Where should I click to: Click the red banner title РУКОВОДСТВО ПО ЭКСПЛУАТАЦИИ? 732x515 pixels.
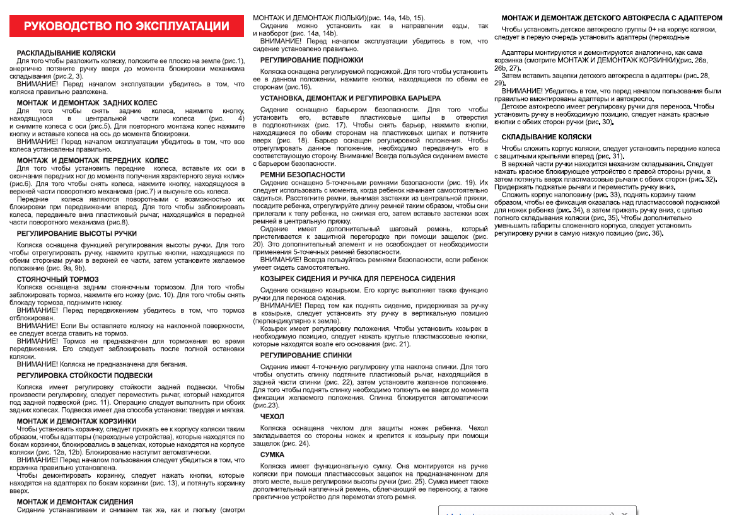126,26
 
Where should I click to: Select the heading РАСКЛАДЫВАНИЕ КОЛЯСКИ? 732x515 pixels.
66,53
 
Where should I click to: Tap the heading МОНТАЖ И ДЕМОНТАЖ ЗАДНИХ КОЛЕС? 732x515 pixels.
87,103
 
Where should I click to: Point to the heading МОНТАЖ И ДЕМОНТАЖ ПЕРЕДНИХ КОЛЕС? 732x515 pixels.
93,161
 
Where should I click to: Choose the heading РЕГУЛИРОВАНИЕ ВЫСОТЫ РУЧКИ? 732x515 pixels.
77,234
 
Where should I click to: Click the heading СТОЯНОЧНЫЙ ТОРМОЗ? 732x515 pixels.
58,279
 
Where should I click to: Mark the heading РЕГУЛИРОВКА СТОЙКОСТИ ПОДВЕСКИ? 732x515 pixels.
84,375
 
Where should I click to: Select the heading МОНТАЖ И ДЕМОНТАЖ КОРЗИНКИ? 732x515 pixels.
76,420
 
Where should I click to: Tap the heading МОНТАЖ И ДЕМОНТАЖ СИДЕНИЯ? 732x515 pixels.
75,502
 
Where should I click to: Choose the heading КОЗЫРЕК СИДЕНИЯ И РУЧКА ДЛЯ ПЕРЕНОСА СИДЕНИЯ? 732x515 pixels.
357,278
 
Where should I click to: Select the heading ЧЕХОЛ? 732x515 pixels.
272,416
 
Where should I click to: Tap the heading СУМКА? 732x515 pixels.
272,454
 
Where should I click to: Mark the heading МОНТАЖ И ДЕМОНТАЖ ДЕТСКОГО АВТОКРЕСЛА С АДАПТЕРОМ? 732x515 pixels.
612,18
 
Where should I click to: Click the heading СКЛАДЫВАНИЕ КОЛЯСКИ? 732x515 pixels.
547,137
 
